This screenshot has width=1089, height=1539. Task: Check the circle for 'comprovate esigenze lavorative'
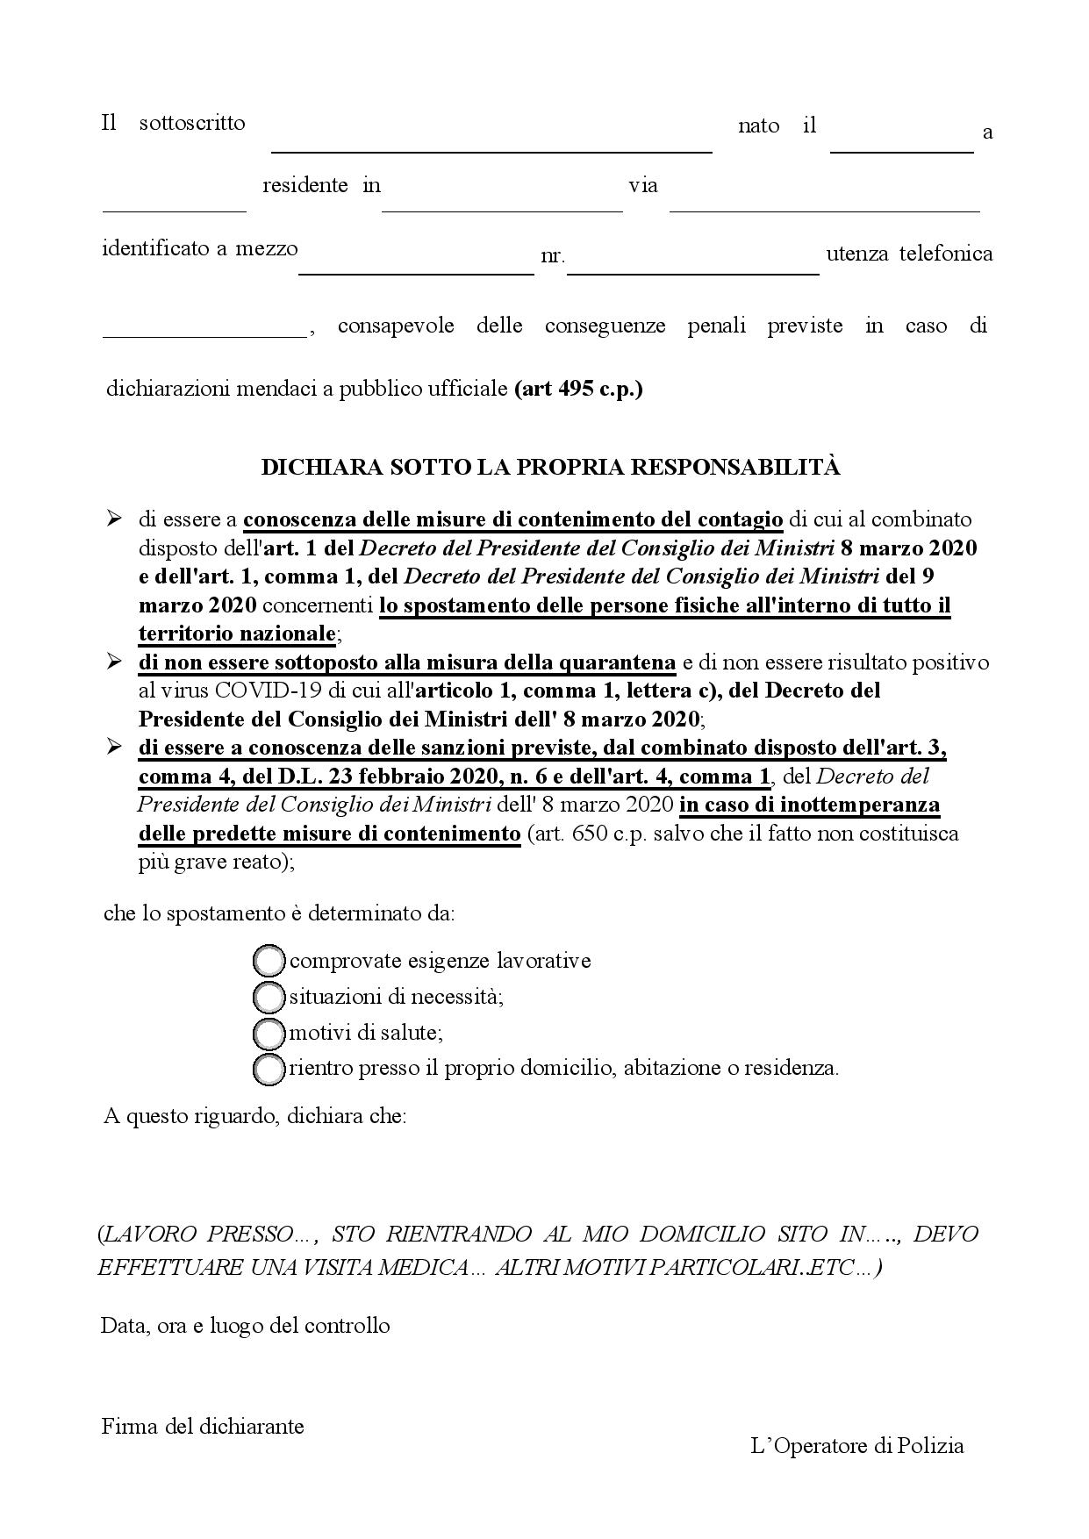pyautogui.click(x=269, y=961)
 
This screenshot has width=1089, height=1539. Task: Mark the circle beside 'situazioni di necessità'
pyautogui.click(x=269, y=997)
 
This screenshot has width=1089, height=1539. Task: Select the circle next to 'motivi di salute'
pyautogui.click(x=269, y=1033)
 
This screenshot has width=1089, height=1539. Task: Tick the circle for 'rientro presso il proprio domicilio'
pyautogui.click(x=269, y=1069)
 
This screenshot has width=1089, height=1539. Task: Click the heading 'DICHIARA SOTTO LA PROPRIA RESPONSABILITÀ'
pyautogui.click(x=550, y=468)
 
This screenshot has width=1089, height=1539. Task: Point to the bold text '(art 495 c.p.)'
pyautogui.click(x=578, y=389)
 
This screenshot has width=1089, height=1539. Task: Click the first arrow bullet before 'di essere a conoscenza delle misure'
pyautogui.click(x=114, y=519)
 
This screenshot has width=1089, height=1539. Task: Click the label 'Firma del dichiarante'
pyautogui.click(x=203, y=1426)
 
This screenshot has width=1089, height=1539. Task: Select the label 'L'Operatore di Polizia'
pyautogui.click(x=857, y=1445)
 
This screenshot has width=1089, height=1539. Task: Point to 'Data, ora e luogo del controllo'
pyautogui.click(x=246, y=1325)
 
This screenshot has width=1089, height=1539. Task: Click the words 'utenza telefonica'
pyautogui.click(x=909, y=254)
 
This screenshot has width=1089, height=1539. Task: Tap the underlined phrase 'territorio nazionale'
pyautogui.click(x=237, y=633)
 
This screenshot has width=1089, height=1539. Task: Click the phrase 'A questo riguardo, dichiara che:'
pyautogui.click(x=254, y=1116)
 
